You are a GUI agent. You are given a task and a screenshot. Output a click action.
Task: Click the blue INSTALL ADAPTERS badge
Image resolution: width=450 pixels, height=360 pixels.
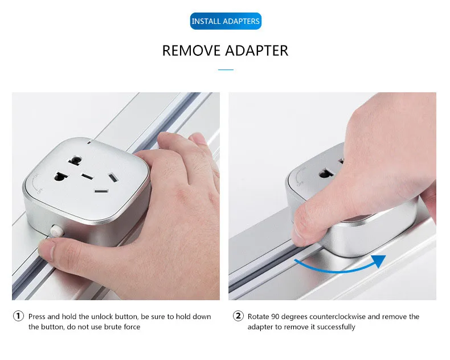click(226, 21)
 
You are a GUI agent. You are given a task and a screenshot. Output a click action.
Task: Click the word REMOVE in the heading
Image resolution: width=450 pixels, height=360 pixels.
click(191, 51)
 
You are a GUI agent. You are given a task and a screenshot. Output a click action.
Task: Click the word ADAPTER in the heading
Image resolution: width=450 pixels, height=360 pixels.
click(256, 51)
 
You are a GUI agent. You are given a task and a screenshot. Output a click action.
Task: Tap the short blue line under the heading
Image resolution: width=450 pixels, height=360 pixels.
click(226, 69)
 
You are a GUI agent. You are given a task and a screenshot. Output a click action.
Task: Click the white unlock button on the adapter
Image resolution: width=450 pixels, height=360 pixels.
click(56, 231)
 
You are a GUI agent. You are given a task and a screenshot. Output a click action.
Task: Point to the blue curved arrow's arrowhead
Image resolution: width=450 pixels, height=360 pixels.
click(379, 261)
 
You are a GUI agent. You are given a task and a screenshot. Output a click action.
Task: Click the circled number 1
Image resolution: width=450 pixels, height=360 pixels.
click(18, 316)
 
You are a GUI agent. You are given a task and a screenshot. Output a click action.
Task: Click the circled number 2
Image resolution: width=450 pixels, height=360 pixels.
click(238, 316)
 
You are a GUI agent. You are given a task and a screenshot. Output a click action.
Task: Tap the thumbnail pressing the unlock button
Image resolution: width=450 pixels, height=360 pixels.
click(47, 249)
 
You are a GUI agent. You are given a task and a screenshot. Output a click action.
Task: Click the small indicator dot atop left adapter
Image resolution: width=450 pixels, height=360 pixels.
click(89, 142)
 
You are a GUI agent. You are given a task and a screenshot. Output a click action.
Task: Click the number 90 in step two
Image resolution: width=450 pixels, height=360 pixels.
click(275, 316)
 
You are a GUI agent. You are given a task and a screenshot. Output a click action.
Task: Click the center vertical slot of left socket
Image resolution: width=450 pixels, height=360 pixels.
click(87, 177)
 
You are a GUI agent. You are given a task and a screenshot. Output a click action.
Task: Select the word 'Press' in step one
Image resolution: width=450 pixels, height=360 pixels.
click(36, 316)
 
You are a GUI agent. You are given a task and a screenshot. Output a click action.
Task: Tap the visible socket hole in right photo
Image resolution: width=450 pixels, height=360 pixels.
click(326, 173)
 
